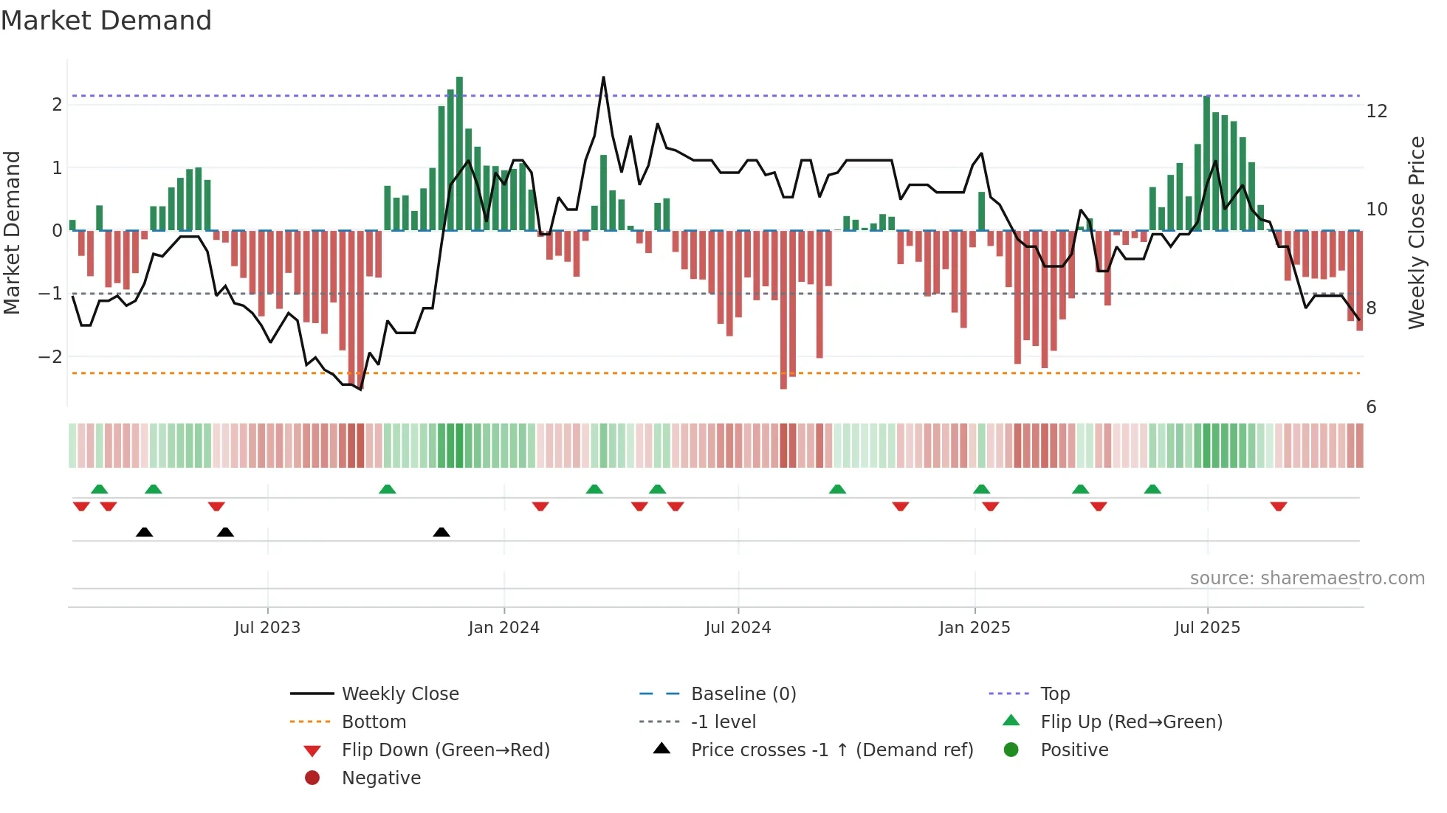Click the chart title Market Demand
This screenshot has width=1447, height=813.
click(x=106, y=21)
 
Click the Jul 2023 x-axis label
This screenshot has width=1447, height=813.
click(x=267, y=628)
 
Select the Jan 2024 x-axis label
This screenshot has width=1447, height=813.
click(x=504, y=628)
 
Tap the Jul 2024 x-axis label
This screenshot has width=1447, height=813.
click(x=738, y=628)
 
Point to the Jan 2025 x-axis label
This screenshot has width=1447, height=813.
click(x=975, y=628)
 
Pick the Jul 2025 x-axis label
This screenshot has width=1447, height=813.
click(x=1207, y=628)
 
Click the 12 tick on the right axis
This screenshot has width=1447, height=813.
click(x=1376, y=111)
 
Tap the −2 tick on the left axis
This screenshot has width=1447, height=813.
click(x=50, y=357)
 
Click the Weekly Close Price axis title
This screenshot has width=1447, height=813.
click(x=1416, y=232)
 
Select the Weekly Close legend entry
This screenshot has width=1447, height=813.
click(x=399, y=694)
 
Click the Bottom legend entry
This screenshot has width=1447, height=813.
click(x=374, y=722)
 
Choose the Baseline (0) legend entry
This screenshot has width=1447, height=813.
click(x=743, y=694)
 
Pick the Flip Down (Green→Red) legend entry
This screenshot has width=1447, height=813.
click(x=445, y=750)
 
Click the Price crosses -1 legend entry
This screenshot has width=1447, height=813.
click(x=831, y=750)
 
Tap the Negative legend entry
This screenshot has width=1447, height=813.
click(x=381, y=778)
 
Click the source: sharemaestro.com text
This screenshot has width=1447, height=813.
click(x=1307, y=578)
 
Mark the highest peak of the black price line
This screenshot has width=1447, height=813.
click(x=603, y=77)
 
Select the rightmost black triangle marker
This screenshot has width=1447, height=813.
click(x=441, y=533)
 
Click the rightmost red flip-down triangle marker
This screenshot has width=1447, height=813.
click(x=1279, y=506)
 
